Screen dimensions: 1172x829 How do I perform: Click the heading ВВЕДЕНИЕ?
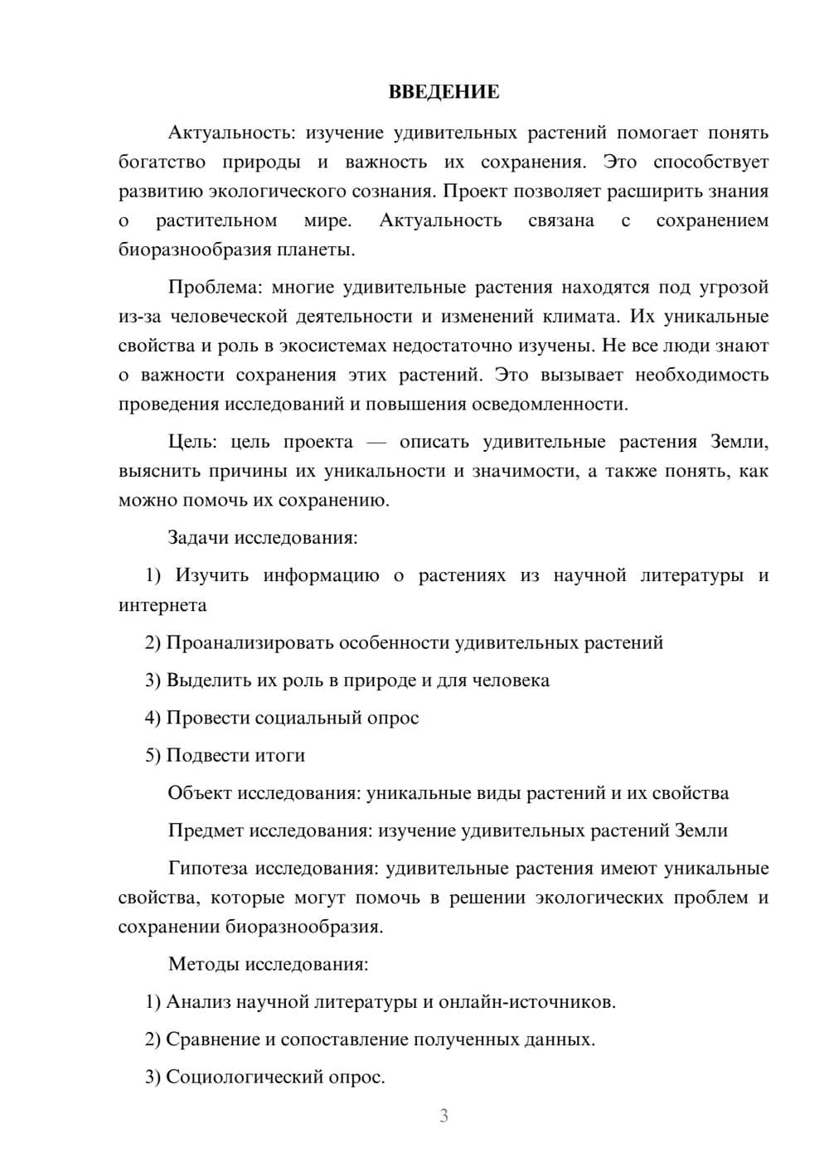pyautogui.click(x=444, y=92)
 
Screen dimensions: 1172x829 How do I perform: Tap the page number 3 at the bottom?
pyautogui.click(x=444, y=1116)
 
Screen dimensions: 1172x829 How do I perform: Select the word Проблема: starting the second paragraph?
pyautogui.click(x=214, y=288)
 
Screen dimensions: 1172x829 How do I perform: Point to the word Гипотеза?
pyautogui.click(x=207, y=869)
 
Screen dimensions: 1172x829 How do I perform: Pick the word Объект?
pyautogui.click(x=200, y=793)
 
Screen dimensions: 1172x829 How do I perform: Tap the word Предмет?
pyautogui.click(x=206, y=831)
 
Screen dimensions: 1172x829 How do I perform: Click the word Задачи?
pyautogui.click(x=198, y=538)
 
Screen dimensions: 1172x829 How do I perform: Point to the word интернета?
pyautogui.click(x=162, y=605)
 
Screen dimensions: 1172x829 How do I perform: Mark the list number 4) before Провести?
pyautogui.click(x=153, y=718)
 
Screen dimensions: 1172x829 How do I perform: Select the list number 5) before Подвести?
pyautogui.click(x=153, y=756)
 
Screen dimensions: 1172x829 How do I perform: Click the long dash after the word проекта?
pyautogui.click(x=376, y=443)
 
